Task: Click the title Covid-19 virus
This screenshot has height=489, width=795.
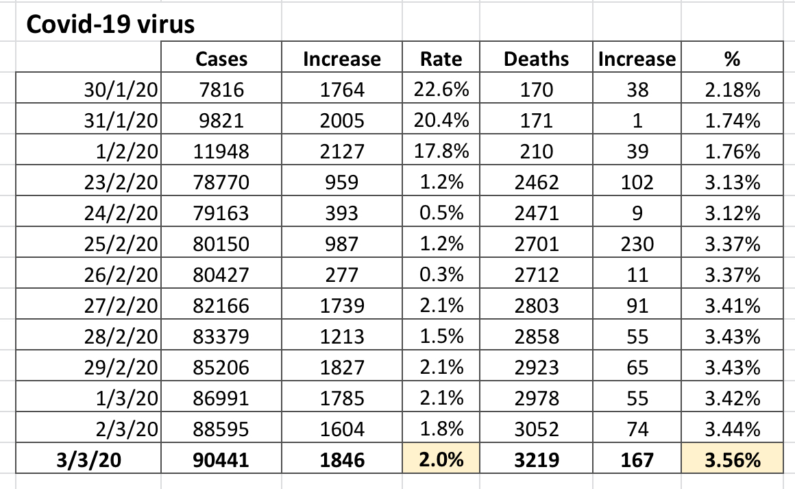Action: (110, 25)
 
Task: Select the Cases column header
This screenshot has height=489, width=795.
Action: (221, 59)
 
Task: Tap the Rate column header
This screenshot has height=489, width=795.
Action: (441, 59)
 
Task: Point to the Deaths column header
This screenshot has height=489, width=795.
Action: (536, 59)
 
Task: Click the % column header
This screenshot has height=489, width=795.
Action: (732, 59)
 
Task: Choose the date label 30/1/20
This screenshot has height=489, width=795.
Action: (121, 91)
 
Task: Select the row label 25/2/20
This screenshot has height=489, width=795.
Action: (121, 244)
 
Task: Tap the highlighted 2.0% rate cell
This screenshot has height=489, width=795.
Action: (441, 460)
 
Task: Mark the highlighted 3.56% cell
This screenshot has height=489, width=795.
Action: (732, 460)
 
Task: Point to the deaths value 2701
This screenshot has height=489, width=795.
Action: (536, 244)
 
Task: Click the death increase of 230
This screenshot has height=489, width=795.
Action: (637, 244)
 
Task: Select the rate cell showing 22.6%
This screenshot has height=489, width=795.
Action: (441, 91)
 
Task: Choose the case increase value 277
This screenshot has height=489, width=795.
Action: (341, 275)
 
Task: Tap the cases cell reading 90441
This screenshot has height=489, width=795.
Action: (221, 460)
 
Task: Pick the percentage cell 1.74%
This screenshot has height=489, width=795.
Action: (732, 121)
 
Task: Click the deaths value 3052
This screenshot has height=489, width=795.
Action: (536, 429)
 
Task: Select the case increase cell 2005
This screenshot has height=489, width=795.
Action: (341, 121)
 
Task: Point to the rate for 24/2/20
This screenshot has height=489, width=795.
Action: (441, 213)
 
